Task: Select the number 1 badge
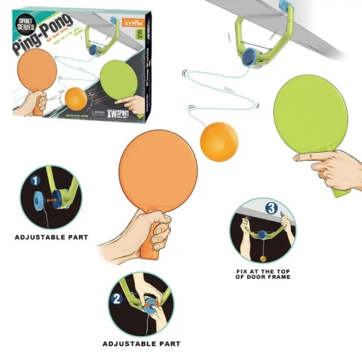[35, 181]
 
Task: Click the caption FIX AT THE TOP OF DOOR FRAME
[263, 274]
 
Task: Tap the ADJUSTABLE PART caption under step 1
[51, 237]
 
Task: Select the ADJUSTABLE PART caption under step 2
[141, 343]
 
